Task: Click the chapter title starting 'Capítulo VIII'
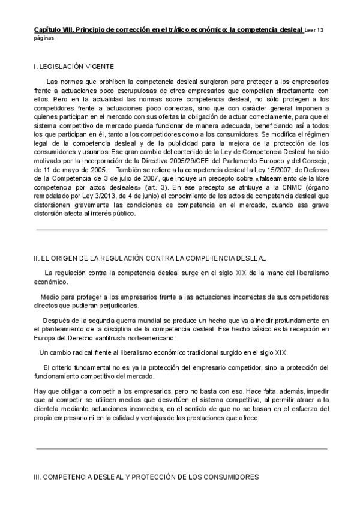[168, 29]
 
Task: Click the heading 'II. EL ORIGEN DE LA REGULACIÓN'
[150, 258]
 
